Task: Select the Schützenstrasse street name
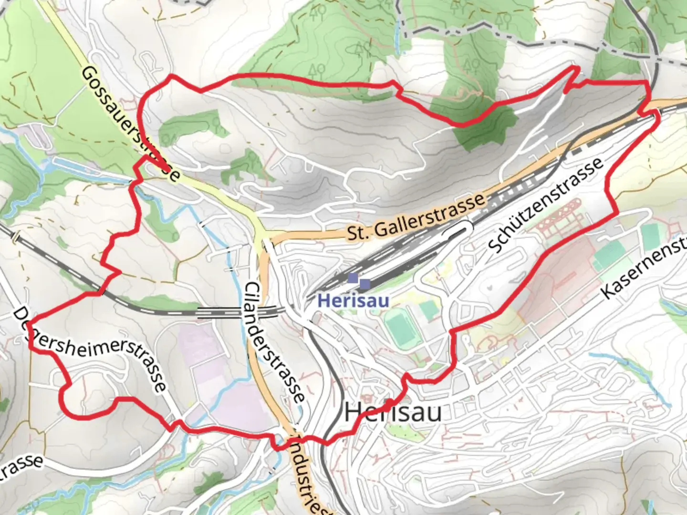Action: tap(545, 206)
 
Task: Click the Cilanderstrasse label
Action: tap(274, 342)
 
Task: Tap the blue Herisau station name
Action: tap(353, 301)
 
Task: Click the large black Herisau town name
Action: tap(393, 412)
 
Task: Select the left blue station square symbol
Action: tap(353, 278)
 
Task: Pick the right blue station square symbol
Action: tap(365, 284)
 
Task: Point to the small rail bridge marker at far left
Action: tap(16, 236)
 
